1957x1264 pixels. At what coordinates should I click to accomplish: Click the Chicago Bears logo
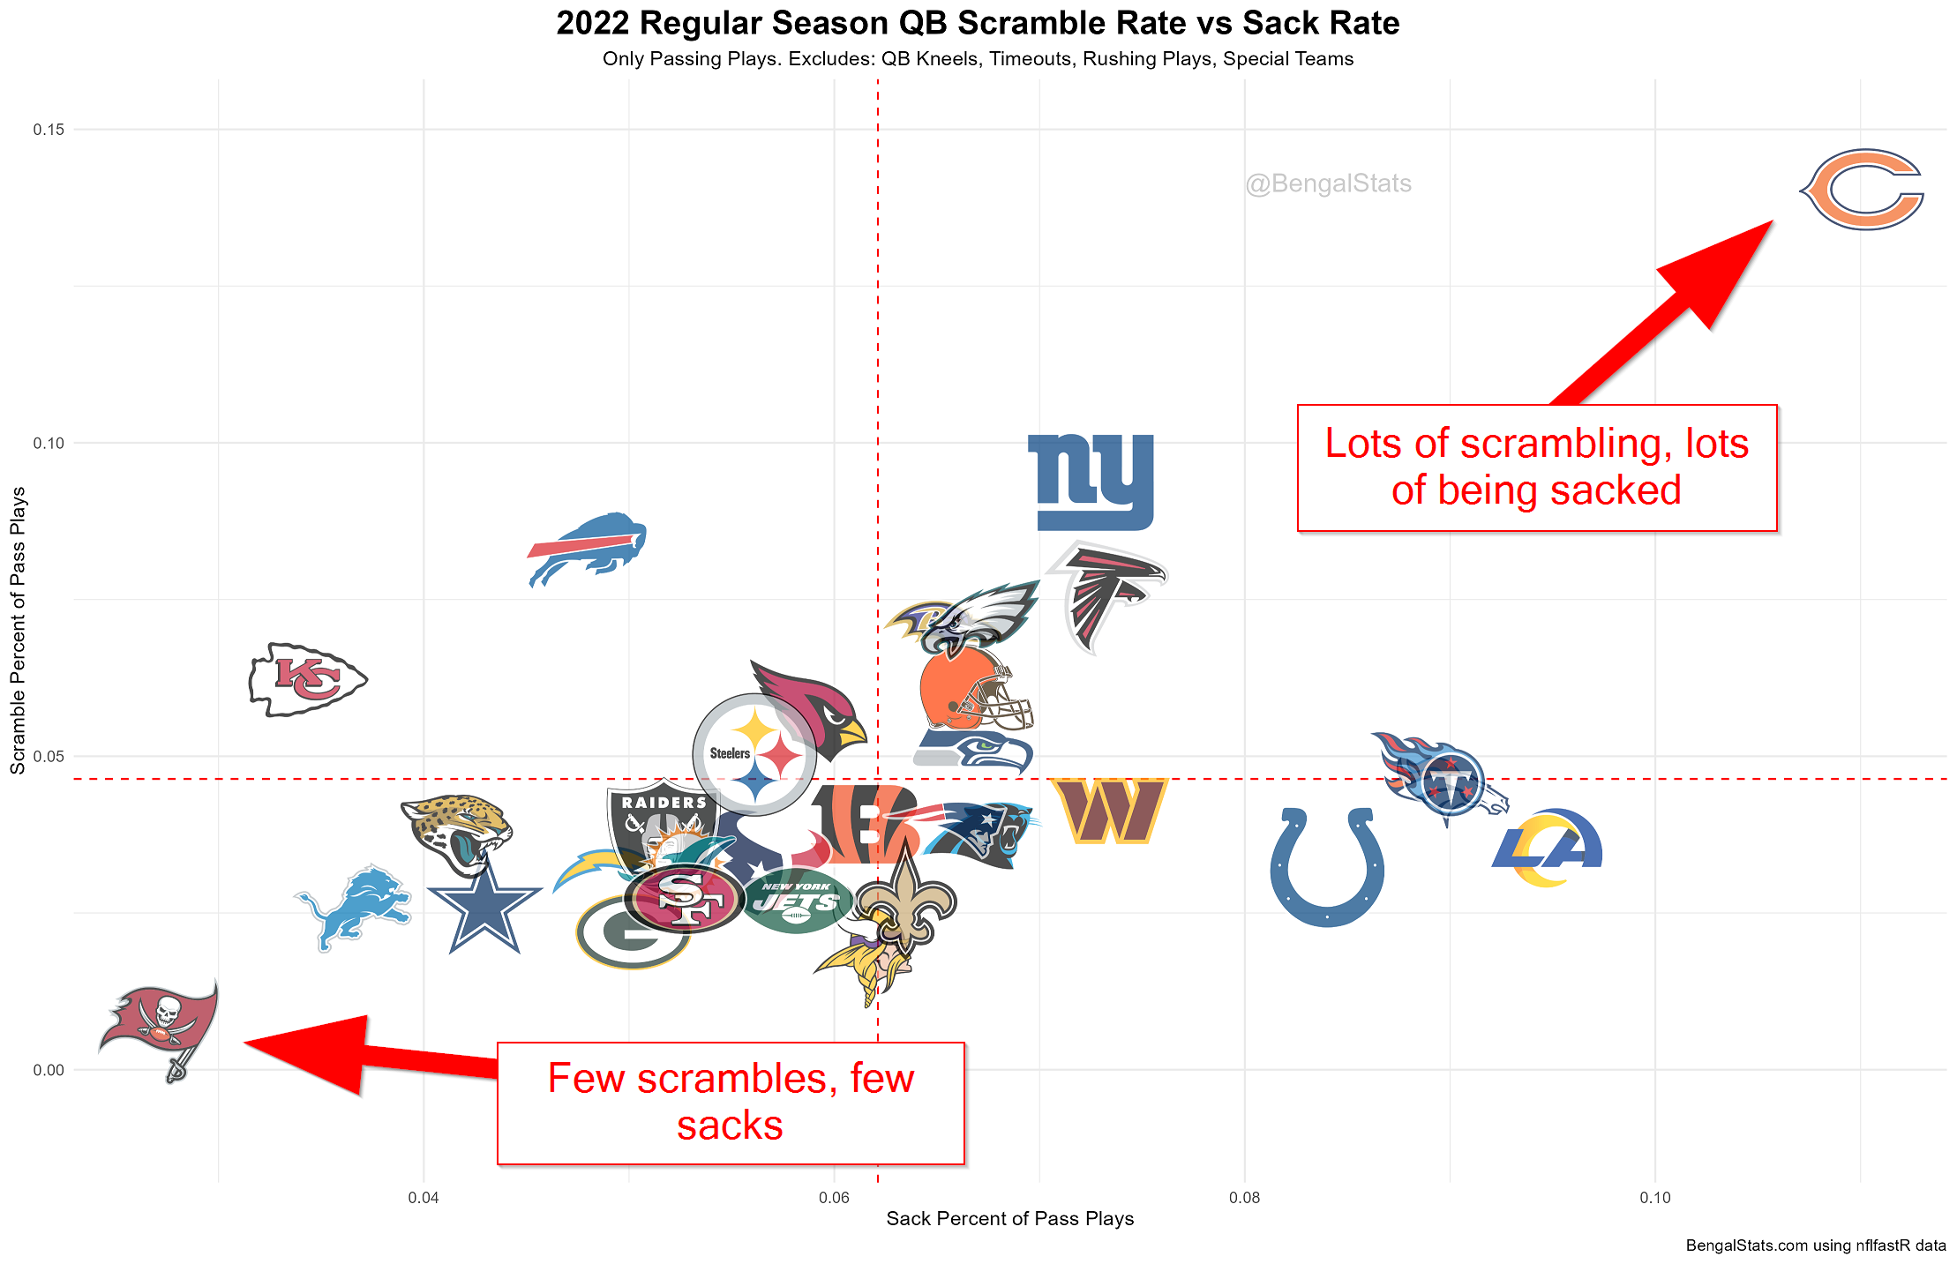(1863, 190)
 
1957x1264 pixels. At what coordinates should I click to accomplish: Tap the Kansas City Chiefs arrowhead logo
(307, 679)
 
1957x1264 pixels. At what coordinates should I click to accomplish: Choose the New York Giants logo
(1092, 482)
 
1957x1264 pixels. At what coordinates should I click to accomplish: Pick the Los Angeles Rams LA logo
(1548, 848)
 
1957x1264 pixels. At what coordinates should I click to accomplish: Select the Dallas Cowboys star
(484, 909)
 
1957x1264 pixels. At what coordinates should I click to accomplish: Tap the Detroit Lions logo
(354, 907)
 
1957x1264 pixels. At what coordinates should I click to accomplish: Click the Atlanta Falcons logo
(1107, 595)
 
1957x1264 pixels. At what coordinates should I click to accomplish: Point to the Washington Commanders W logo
(1109, 811)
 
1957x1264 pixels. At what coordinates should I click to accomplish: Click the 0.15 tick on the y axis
(49, 130)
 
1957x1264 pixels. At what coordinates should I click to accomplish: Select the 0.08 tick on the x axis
(1244, 1198)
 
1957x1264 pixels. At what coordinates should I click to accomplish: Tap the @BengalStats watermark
(1328, 183)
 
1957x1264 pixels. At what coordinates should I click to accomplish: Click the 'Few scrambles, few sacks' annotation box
(731, 1103)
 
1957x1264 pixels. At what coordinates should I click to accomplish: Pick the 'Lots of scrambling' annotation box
(1536, 467)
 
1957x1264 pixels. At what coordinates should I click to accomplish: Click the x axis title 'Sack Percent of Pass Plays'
(1009, 1219)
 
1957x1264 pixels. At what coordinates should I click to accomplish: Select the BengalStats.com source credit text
(1815, 1245)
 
